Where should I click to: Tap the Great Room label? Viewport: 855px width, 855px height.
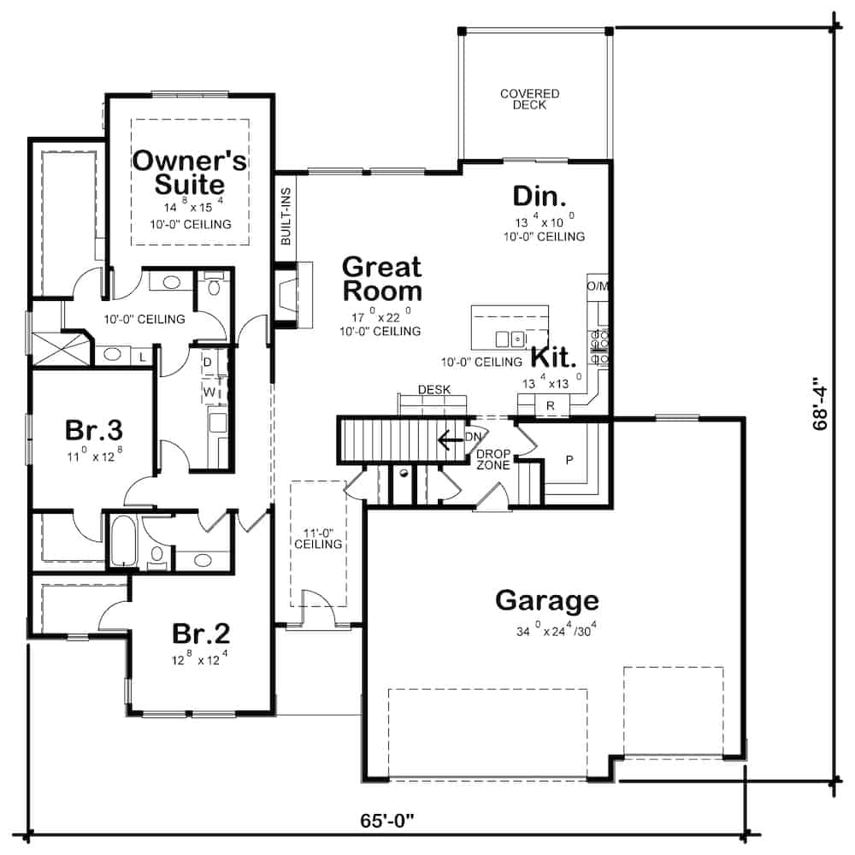tap(382, 279)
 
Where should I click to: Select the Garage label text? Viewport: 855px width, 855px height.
tap(547, 600)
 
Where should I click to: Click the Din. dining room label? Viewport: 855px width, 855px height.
tap(540, 196)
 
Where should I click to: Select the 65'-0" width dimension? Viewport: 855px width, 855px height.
tap(386, 821)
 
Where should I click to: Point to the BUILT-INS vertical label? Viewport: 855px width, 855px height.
tap(286, 216)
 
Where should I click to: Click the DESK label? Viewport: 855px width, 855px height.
tap(433, 390)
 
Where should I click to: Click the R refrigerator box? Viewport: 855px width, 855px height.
tap(551, 404)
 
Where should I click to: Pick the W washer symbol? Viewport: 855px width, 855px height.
tap(208, 392)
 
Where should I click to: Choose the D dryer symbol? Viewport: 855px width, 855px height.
tap(208, 362)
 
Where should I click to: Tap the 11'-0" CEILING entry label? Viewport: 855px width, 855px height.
tap(318, 537)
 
